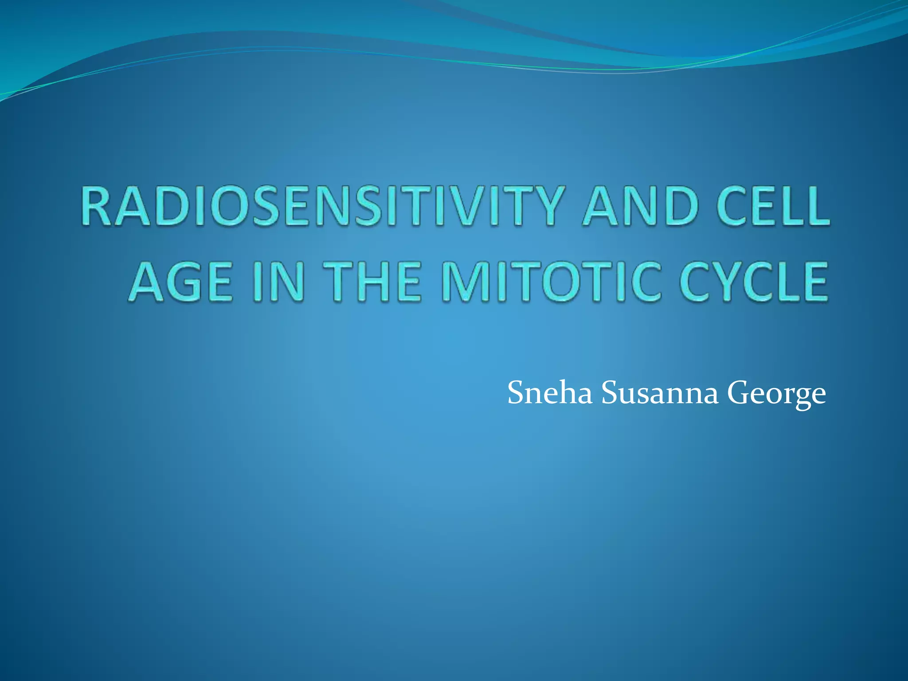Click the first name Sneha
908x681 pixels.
coord(550,393)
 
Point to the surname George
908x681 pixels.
coord(776,394)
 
